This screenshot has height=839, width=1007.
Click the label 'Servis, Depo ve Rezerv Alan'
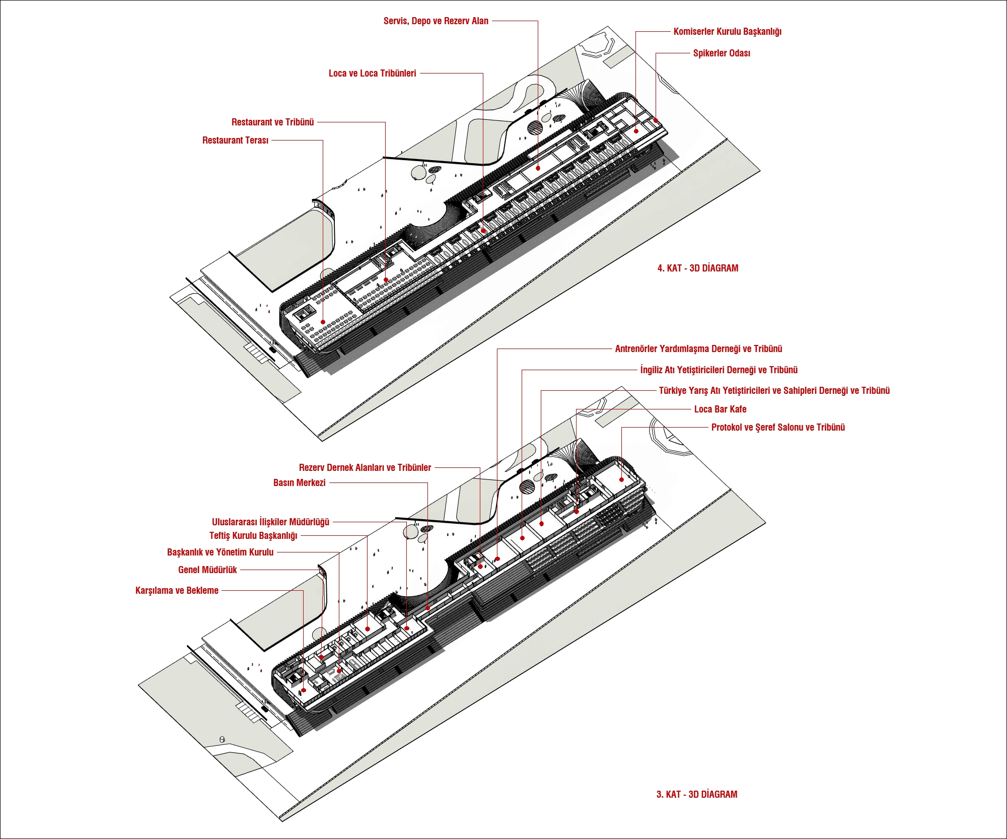(436, 21)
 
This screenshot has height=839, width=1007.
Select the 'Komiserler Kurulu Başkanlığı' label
(727, 32)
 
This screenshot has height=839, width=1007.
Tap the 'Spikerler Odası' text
(721, 53)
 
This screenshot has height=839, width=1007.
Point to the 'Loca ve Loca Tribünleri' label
(372, 74)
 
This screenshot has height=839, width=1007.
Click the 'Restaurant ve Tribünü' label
(272, 122)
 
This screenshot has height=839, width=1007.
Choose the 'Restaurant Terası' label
(235, 141)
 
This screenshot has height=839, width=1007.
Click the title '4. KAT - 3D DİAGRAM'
(697, 268)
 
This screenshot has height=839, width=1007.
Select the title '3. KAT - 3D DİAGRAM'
(696, 795)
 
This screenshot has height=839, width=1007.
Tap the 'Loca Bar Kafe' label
(720, 409)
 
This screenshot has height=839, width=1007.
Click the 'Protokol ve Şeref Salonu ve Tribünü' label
(777, 428)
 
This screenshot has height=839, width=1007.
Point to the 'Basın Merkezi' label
(299, 483)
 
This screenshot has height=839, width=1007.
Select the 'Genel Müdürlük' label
(207, 570)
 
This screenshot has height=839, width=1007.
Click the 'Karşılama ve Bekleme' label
(177, 591)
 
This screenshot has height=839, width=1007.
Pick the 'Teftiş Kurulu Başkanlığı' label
(253, 536)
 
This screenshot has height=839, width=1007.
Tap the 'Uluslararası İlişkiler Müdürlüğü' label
(270, 522)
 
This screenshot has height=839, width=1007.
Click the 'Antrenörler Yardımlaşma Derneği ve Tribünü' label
(698, 349)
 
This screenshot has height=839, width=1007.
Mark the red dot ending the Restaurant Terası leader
(323, 322)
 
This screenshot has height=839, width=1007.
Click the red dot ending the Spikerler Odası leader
(656, 120)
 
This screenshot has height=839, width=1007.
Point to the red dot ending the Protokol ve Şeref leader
(621, 479)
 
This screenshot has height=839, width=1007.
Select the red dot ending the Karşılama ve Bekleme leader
(303, 690)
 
